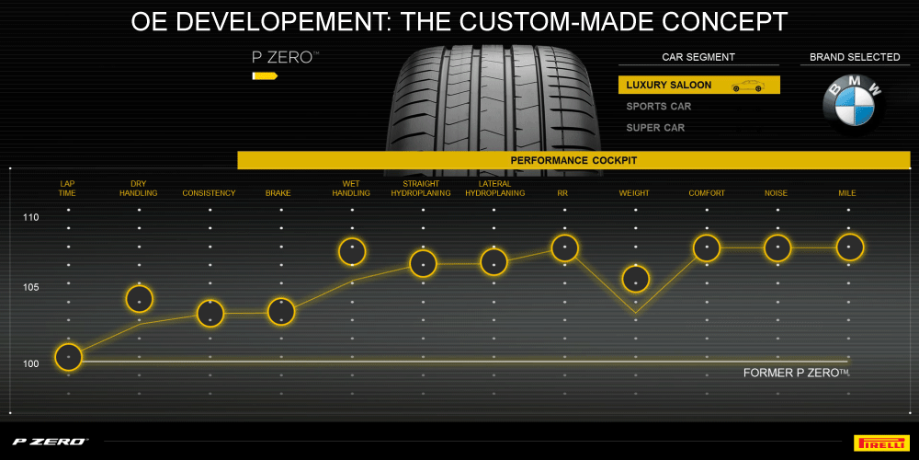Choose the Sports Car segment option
point(659,107)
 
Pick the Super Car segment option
point(655,128)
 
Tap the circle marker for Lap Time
point(68,356)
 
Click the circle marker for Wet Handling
point(352,251)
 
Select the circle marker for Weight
point(636,279)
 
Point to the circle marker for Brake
point(280,312)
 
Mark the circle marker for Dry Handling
point(139,299)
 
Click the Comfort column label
point(707,193)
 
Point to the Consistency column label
point(209,193)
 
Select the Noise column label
point(777,193)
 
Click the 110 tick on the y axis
point(31,218)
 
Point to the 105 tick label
point(31,288)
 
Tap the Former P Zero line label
point(796,373)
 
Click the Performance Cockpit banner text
point(573,161)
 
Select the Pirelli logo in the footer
point(881,442)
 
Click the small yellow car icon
point(747,86)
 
